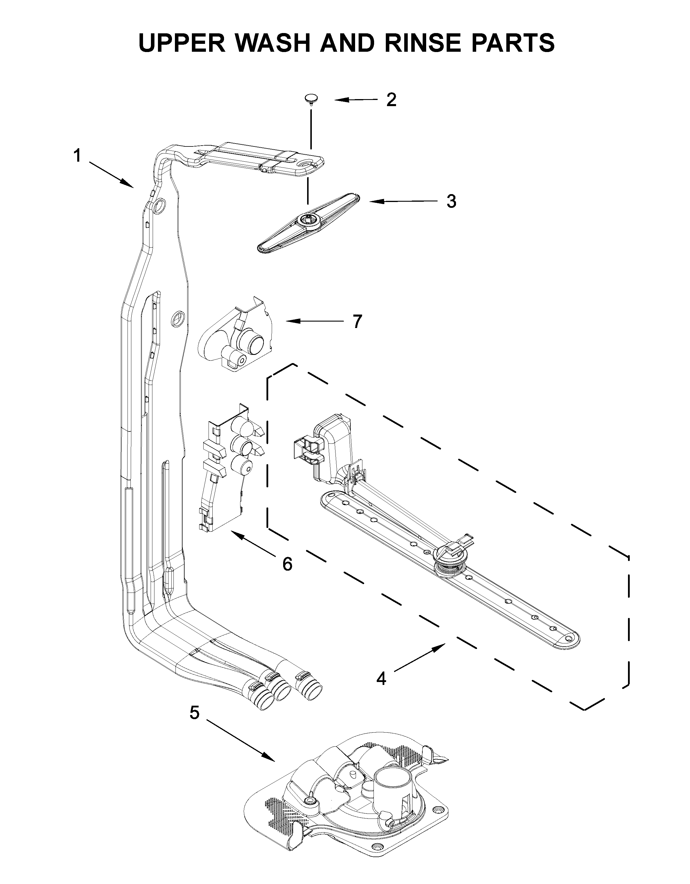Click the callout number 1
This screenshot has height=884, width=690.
tap(77, 156)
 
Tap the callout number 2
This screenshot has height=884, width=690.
tap(391, 100)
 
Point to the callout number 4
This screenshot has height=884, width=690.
tap(381, 679)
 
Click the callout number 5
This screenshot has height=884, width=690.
tap(195, 713)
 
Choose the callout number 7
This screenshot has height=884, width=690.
tap(356, 322)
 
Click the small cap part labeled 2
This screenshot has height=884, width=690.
tap(311, 98)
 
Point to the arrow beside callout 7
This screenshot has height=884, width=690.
tap(314, 321)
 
